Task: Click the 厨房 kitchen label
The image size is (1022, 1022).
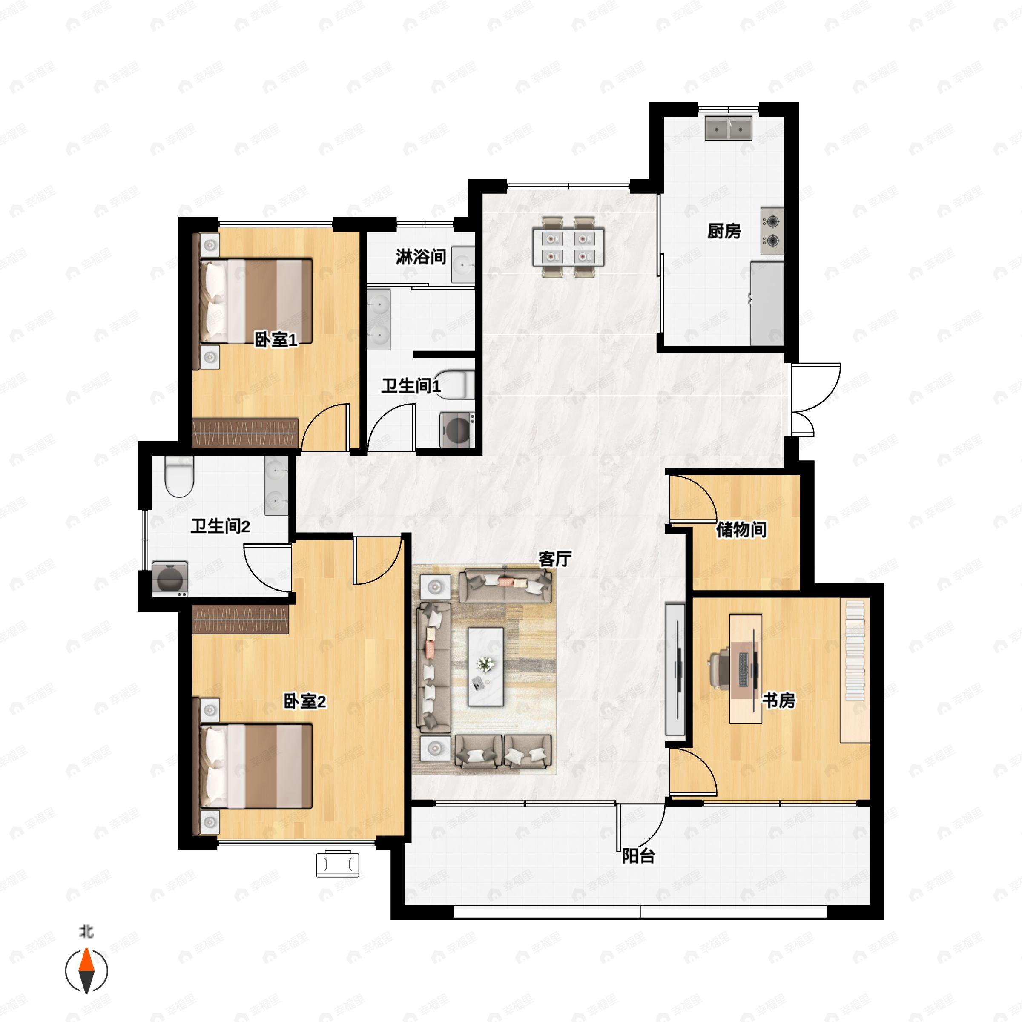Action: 724,231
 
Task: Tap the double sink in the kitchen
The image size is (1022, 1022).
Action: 729,128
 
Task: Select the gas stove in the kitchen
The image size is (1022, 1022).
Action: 772,231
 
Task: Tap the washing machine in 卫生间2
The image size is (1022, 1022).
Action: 170,579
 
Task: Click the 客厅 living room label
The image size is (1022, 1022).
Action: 555,559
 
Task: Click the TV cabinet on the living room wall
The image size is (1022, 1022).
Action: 675,669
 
